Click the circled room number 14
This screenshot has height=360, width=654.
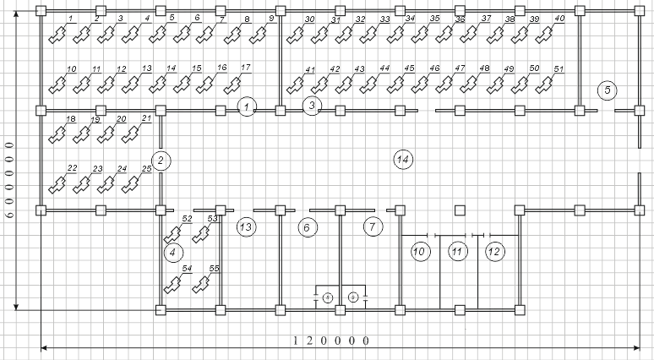[x=403, y=159]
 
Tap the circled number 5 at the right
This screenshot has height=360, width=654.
[x=605, y=90]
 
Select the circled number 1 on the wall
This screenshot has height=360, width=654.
[x=246, y=106]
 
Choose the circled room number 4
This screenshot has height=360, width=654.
[x=172, y=251]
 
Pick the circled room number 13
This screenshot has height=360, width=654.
[x=246, y=226]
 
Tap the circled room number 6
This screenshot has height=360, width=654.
[x=308, y=226]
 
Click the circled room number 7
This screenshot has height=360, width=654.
[x=373, y=226]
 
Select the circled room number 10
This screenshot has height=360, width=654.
[x=421, y=251]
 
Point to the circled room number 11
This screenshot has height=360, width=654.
[x=457, y=251]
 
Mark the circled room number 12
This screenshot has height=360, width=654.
[x=494, y=251]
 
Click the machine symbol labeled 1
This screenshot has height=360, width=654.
[x=57, y=35]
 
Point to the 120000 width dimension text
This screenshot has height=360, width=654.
[x=331, y=341]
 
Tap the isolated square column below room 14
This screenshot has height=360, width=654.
[x=460, y=210]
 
